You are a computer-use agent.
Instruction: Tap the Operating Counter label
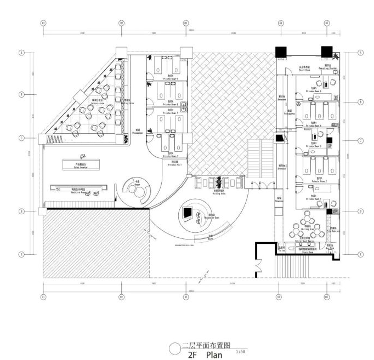tap(328, 69)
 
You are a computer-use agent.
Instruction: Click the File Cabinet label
tap(335, 231)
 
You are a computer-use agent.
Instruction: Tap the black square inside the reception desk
tap(188, 213)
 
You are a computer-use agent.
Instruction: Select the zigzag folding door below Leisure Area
tap(54, 140)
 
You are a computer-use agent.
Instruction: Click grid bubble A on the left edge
tap(22, 53)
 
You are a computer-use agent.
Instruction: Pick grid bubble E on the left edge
tap(22, 254)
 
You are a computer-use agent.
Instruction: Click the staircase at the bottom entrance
tap(291, 267)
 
